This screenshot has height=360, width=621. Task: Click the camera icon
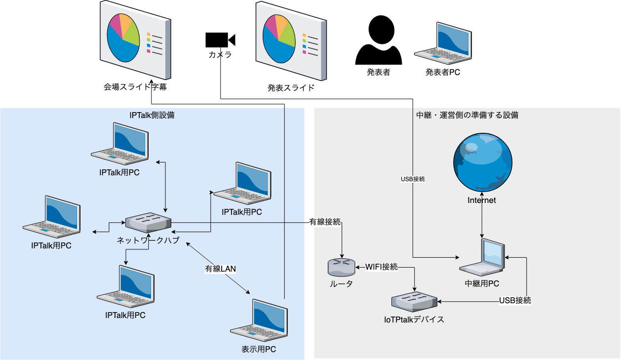(220, 40)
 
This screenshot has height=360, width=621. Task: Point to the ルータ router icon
(341, 268)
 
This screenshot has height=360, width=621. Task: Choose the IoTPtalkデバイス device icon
(414, 301)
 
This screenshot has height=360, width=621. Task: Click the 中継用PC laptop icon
(482, 258)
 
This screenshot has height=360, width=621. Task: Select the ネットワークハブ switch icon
(148, 223)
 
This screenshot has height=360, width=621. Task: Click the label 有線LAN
(221, 269)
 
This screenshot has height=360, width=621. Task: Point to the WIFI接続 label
(381, 267)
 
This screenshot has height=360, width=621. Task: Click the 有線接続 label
(325, 222)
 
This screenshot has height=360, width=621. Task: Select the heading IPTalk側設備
(152, 115)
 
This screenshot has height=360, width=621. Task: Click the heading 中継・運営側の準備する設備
(467, 115)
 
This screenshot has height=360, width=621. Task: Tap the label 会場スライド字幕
(134, 87)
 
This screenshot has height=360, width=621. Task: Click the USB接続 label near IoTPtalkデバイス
(515, 300)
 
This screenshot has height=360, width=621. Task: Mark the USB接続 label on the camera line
(413, 179)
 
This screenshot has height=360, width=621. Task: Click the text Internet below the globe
(482, 200)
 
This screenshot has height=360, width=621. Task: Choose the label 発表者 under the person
(379, 73)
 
